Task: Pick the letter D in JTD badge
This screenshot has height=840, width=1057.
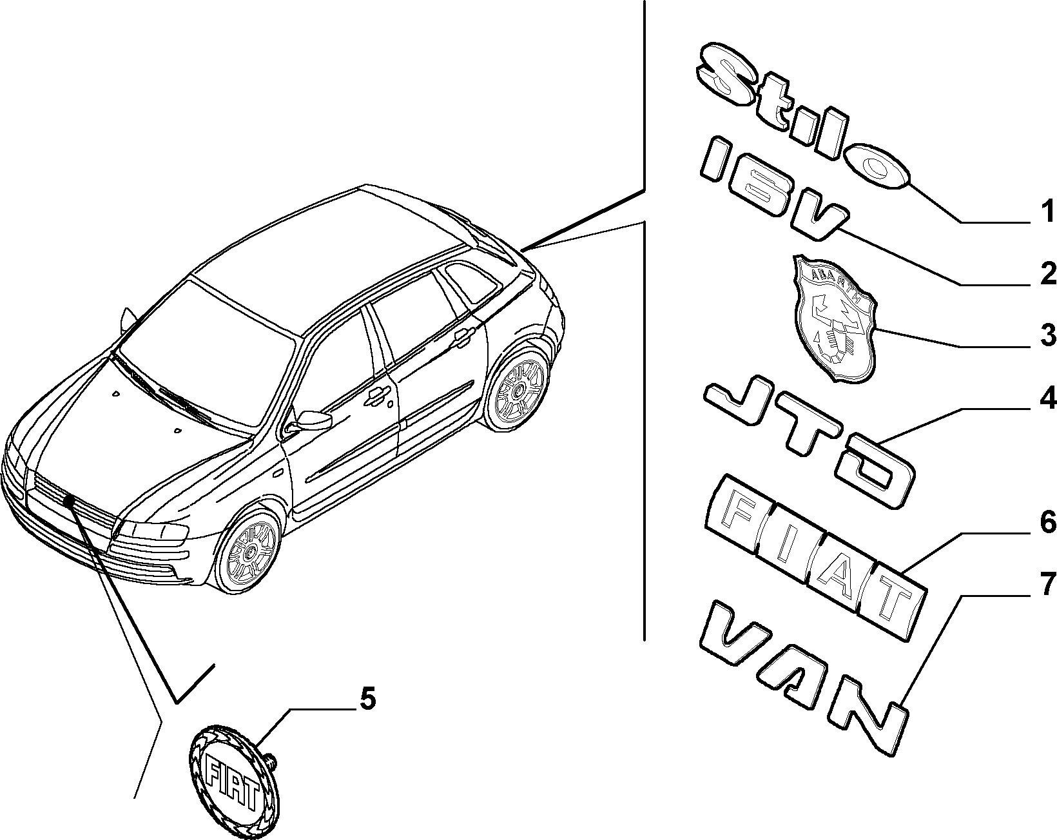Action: pyautogui.click(x=875, y=476)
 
